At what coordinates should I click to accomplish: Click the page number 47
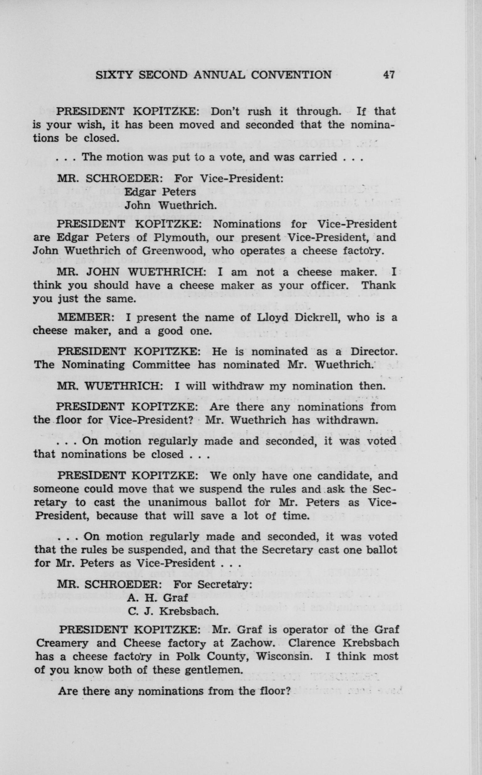tap(389, 75)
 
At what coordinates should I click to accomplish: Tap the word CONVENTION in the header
tap(291, 75)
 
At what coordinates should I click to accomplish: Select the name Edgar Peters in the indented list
tap(160, 192)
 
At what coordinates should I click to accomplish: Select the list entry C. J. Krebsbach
tap(173, 611)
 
